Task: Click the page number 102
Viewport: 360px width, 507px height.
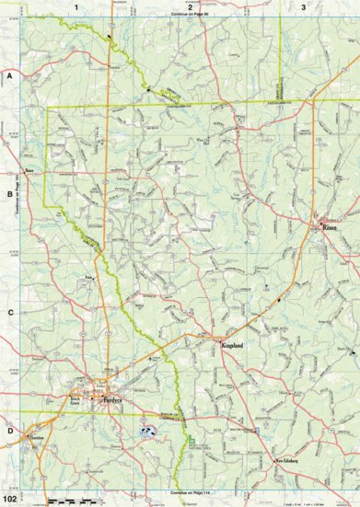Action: coord(10,498)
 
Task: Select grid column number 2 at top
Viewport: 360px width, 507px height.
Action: coord(190,6)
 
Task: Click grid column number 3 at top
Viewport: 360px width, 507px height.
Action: coord(304,6)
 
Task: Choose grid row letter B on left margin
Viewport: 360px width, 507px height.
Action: coord(9,195)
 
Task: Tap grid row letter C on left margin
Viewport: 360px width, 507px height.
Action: coord(9,313)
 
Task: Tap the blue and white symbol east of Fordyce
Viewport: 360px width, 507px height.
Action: coord(145,429)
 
